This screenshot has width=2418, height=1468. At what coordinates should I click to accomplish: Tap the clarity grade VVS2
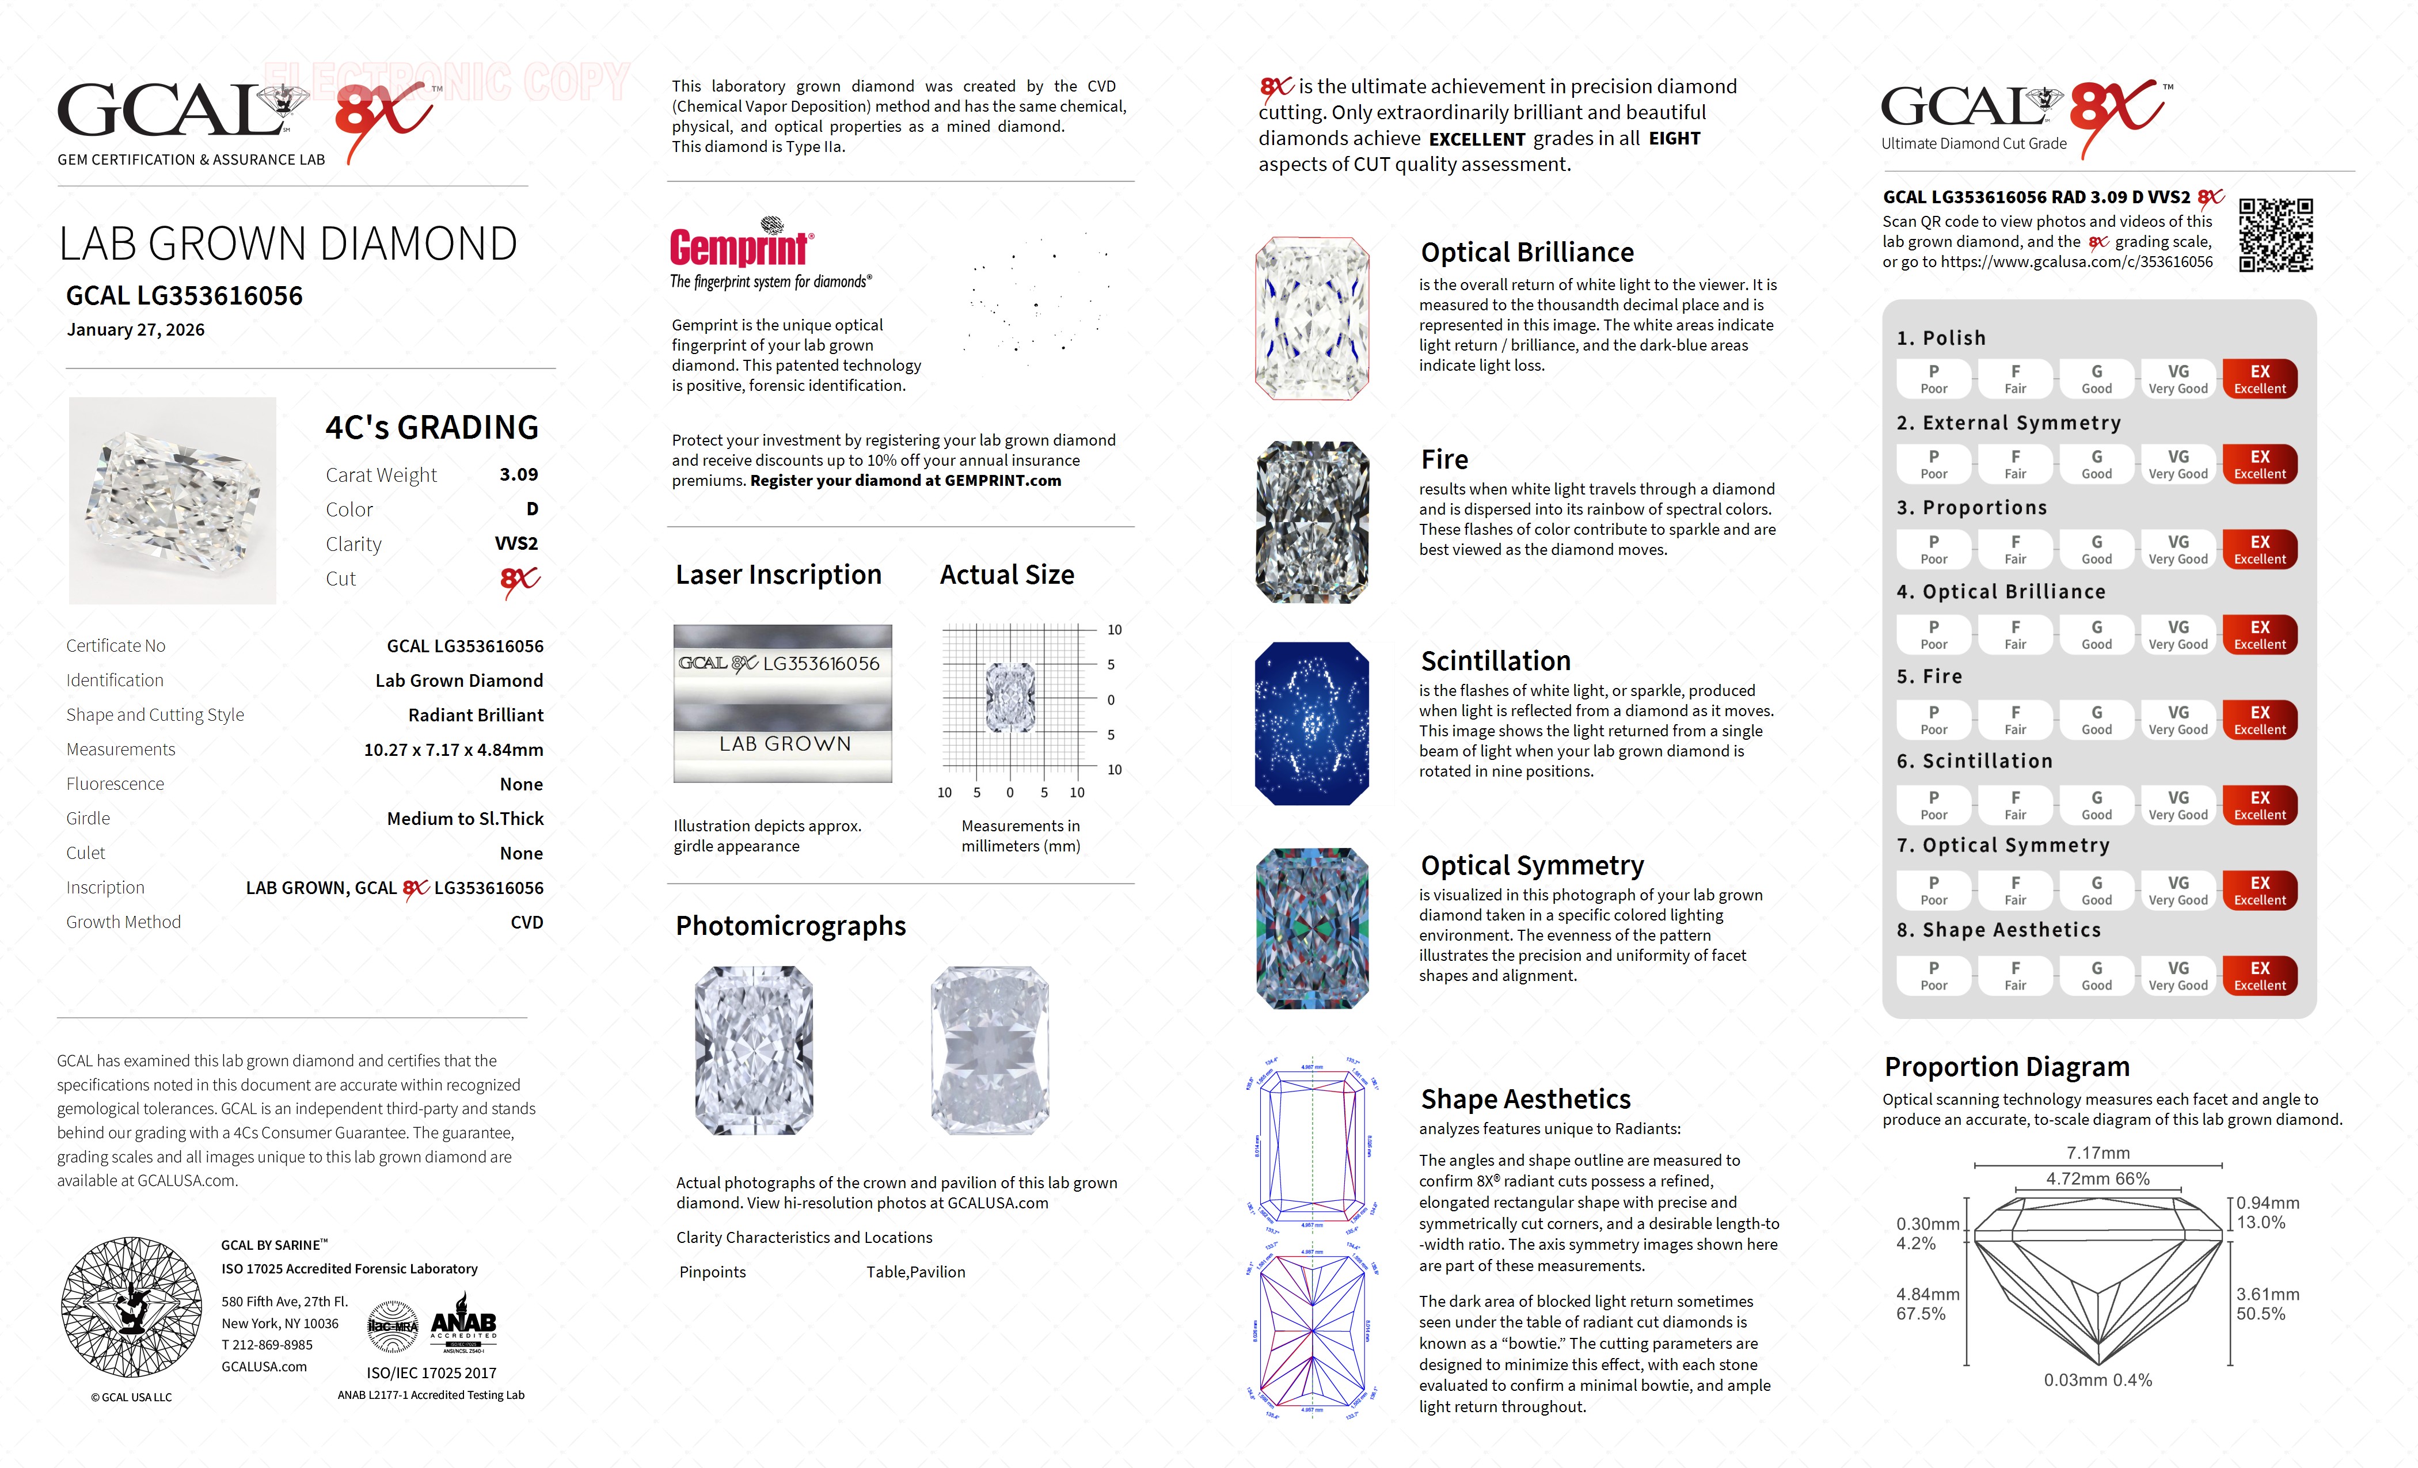516,543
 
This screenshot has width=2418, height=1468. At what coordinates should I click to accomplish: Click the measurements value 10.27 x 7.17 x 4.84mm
454,750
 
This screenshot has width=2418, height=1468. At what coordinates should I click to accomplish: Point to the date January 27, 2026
135,330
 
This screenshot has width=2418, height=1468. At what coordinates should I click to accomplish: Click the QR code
2276,235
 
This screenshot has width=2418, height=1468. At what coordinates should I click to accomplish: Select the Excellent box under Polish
2259,379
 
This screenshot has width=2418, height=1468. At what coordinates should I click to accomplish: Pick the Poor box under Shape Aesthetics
1933,975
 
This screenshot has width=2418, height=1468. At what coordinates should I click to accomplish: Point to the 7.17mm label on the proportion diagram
2098,1153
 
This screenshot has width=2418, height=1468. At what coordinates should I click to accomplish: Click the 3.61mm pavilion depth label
2268,1294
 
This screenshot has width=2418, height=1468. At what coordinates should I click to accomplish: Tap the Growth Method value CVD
526,922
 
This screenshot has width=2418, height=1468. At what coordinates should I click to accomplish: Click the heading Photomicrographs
790,925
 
